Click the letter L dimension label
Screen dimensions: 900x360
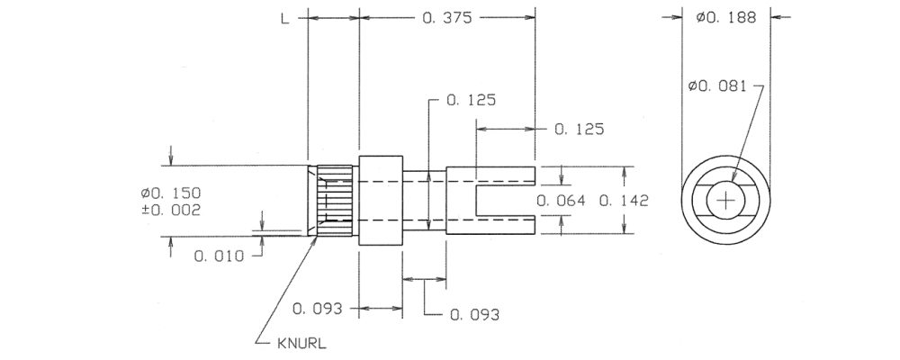[x=284, y=18]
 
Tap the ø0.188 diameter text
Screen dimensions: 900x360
[x=726, y=18]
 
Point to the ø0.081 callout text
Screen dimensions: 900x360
[x=717, y=86]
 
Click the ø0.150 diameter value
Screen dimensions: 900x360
[x=172, y=193]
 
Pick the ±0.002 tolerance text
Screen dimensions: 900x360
[x=172, y=210]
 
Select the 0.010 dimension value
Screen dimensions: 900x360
[x=218, y=256]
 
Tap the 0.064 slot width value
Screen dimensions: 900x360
[x=561, y=201]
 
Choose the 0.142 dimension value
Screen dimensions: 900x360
[x=624, y=201]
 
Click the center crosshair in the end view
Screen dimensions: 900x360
[x=726, y=201]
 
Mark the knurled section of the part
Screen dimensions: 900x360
[x=335, y=201]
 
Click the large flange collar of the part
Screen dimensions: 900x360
[x=381, y=201]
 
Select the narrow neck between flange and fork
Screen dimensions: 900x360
[x=424, y=201]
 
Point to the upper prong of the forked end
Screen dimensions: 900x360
[x=505, y=175]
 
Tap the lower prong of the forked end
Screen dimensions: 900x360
[x=505, y=225]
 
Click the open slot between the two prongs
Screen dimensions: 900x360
[x=506, y=201]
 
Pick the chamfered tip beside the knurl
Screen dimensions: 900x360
[x=312, y=201]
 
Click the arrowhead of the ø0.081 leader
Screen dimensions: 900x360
[x=734, y=179]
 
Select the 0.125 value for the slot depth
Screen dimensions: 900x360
[x=579, y=130]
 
